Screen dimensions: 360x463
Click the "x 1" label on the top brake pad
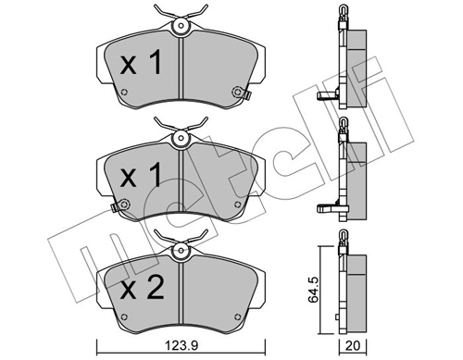point(142,64)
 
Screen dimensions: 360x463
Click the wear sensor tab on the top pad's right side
point(242,93)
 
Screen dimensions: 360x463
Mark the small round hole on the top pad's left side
point(125,90)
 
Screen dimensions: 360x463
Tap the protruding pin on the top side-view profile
point(324,96)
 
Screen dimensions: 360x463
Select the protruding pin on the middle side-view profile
point(324,208)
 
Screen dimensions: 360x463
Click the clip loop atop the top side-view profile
point(342,18)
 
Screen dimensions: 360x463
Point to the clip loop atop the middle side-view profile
point(342,129)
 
